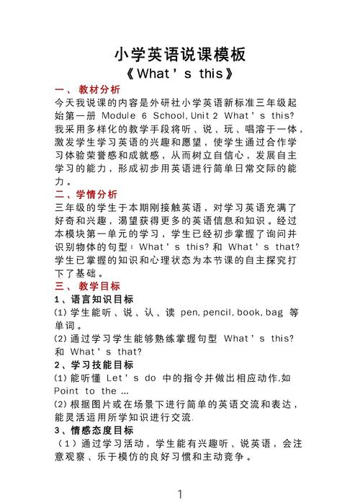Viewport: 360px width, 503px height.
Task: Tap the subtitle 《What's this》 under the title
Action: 180,74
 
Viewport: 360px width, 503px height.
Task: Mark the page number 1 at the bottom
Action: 180,494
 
